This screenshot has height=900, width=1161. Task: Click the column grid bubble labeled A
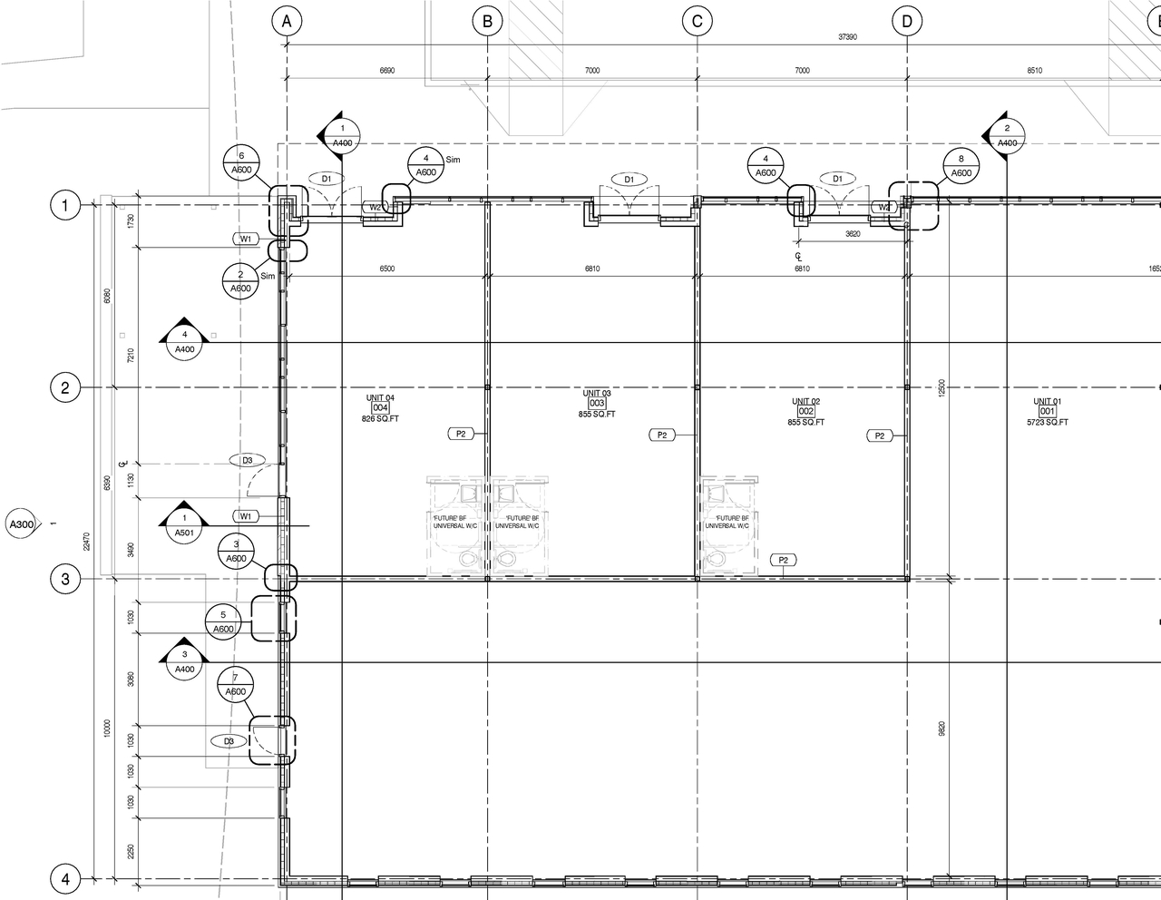click(x=286, y=21)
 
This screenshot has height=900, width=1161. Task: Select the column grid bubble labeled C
click(x=697, y=21)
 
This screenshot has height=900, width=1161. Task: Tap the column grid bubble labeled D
click(x=906, y=21)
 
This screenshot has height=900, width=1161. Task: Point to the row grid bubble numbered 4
click(x=64, y=879)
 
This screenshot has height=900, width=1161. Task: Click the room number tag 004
click(x=380, y=408)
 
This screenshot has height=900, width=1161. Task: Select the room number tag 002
click(x=805, y=412)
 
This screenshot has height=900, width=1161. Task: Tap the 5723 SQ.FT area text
click(x=1047, y=423)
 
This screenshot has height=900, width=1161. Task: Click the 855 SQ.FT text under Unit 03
click(x=596, y=415)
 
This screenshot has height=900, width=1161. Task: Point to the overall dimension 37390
click(x=847, y=37)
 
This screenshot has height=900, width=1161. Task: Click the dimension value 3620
click(x=853, y=234)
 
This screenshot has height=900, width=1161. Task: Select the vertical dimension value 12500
click(x=941, y=387)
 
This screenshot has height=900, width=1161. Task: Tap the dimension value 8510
click(x=1034, y=71)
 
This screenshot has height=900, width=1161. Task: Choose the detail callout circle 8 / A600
click(x=961, y=166)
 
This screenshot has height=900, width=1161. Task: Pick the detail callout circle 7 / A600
click(x=235, y=685)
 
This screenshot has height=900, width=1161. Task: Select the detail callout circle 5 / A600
click(x=223, y=622)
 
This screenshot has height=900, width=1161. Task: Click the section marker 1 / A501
click(x=184, y=525)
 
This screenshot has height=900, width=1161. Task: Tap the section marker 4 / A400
click(x=184, y=342)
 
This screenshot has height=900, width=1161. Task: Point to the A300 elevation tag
click(x=22, y=524)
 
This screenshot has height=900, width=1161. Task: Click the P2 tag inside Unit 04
click(x=461, y=434)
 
